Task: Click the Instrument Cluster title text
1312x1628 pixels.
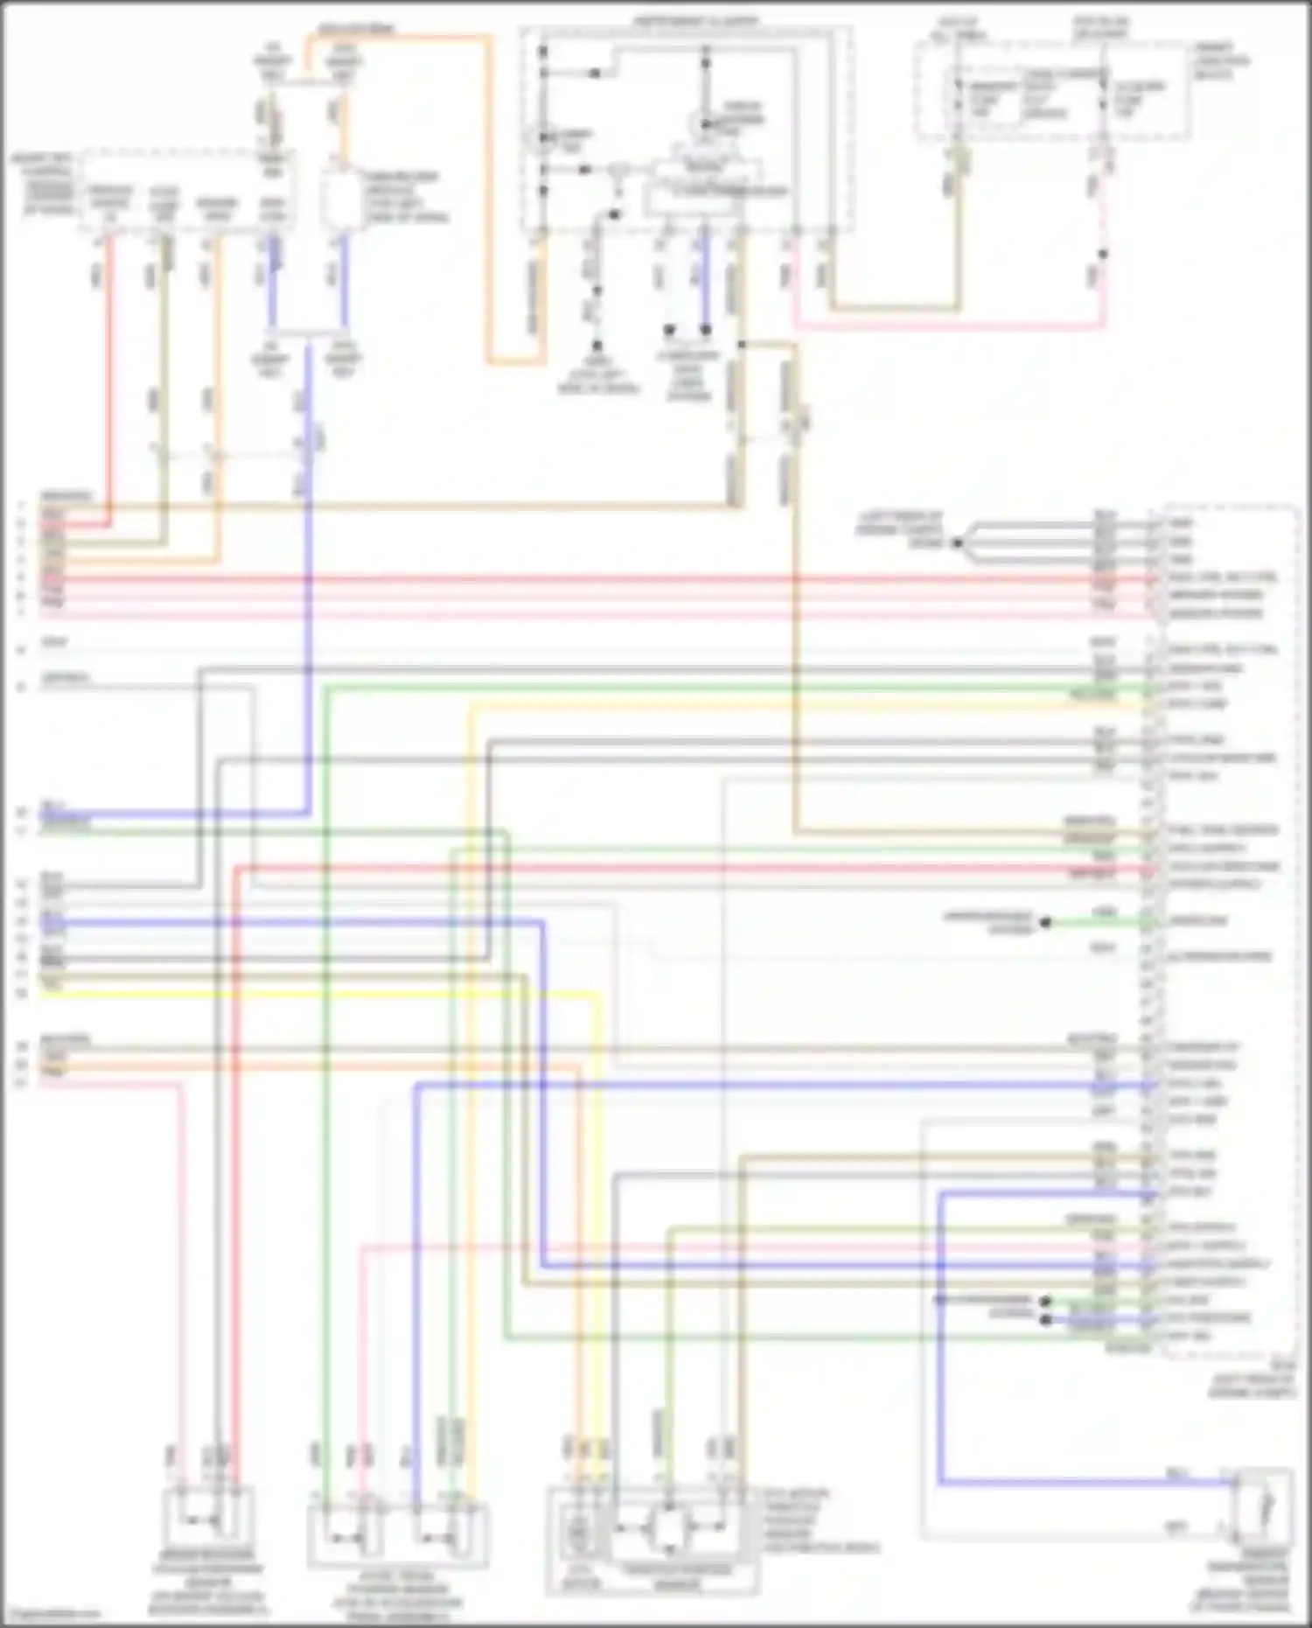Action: pyautogui.click(x=696, y=20)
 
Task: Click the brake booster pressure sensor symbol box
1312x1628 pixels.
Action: pyautogui.click(x=208, y=1518)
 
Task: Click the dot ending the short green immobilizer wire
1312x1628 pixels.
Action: pyautogui.click(x=1043, y=922)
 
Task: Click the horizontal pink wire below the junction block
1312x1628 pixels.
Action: pyautogui.click(x=949, y=326)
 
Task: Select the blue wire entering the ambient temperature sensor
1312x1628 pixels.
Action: pyautogui.click(x=1085, y=1482)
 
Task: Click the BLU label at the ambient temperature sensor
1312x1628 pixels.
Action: pyautogui.click(x=1176, y=1473)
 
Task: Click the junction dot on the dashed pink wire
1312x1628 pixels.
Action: pyautogui.click(x=1103, y=255)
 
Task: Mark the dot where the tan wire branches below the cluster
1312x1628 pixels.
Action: pyautogui.click(x=741, y=346)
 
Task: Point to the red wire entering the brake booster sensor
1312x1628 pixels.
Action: pyautogui.click(x=237, y=1225)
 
